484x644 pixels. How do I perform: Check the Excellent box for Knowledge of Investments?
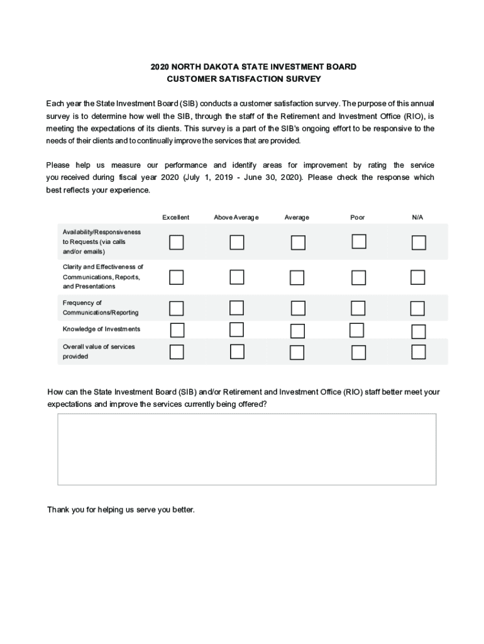pyautogui.click(x=177, y=330)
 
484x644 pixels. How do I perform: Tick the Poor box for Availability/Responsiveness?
pyautogui.click(x=359, y=241)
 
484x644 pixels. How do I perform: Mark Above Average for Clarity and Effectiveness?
pyautogui.click(x=237, y=277)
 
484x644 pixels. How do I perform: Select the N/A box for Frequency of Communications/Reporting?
pyautogui.click(x=417, y=308)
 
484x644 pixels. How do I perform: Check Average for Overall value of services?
pyautogui.click(x=298, y=352)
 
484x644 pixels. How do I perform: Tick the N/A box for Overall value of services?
pyautogui.click(x=419, y=352)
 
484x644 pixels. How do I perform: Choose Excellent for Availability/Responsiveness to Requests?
pyautogui.click(x=177, y=242)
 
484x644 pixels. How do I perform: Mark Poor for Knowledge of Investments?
pyautogui.click(x=356, y=330)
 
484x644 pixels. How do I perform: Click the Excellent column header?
pyautogui.click(x=175, y=218)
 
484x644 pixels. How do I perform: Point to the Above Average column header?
pyautogui.click(x=236, y=218)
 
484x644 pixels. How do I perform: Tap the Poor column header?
pyautogui.click(x=358, y=218)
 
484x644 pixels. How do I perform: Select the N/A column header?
pyautogui.click(x=417, y=218)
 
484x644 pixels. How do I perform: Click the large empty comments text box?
pyautogui.click(x=246, y=449)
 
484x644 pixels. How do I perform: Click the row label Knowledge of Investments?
pyautogui.click(x=101, y=330)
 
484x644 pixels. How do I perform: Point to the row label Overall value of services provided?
pyautogui.click(x=99, y=352)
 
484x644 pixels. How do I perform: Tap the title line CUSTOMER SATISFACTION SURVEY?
pyautogui.click(x=244, y=79)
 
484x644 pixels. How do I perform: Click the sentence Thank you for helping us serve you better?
pyautogui.click(x=121, y=509)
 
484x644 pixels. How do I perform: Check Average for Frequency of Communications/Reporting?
pyautogui.click(x=298, y=308)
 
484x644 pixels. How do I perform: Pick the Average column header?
pyautogui.click(x=297, y=218)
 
